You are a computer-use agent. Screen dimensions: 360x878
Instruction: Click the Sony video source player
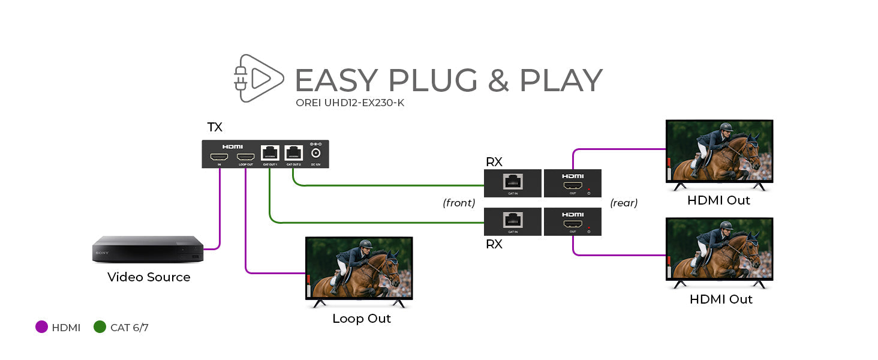pos(148,249)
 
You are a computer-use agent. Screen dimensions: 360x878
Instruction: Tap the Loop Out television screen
pos(359,268)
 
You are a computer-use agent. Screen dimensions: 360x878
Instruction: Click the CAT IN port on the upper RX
pos(513,181)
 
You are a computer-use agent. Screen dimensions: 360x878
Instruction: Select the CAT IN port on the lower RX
pos(513,220)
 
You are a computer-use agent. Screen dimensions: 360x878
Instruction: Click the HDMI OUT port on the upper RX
pos(572,186)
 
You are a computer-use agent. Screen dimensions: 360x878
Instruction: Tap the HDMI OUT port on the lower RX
pos(572,224)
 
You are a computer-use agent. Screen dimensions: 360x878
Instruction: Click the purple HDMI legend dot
pos(41,328)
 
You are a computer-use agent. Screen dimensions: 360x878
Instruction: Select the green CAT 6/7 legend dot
pos(100,328)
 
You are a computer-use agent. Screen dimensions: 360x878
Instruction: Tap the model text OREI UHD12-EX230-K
pos(350,103)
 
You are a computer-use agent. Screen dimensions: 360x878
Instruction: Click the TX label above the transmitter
pos(215,127)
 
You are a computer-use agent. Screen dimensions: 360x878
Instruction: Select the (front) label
pos(459,203)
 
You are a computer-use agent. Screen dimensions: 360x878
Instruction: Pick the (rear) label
pos(624,203)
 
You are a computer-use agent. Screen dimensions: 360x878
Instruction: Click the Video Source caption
pos(149,277)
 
